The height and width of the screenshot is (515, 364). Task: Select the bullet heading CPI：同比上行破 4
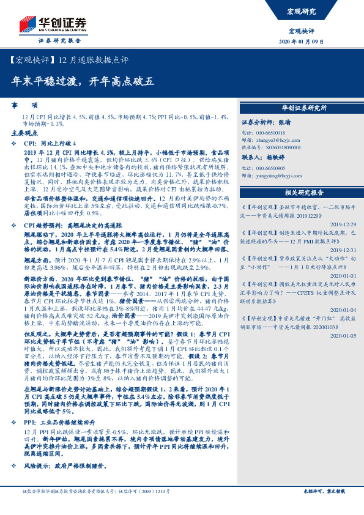[52, 141]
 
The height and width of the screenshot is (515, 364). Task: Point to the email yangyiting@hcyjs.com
[273, 175]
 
